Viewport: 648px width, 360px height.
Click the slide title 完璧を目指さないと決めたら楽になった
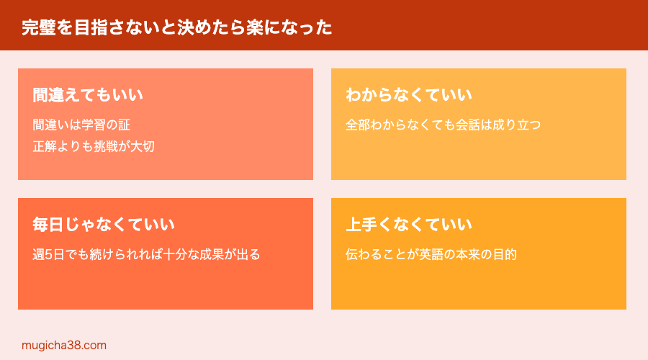coord(177,27)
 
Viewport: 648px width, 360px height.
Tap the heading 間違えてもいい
coord(88,95)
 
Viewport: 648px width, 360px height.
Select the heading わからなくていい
coord(409,95)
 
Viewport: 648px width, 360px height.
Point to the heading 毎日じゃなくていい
coord(104,225)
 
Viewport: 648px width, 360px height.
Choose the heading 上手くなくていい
coord(409,225)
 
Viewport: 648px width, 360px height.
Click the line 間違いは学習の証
coord(81,125)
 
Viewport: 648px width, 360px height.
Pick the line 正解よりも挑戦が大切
coord(94,146)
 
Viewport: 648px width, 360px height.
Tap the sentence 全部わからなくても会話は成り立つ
coord(443,125)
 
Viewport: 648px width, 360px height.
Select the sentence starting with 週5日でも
coord(146,254)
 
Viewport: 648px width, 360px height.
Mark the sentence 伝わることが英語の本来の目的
coord(431,254)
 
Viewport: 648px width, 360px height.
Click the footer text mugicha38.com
coord(64,346)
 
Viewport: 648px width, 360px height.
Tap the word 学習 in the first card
coord(94,125)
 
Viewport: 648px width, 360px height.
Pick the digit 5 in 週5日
coord(49,254)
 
